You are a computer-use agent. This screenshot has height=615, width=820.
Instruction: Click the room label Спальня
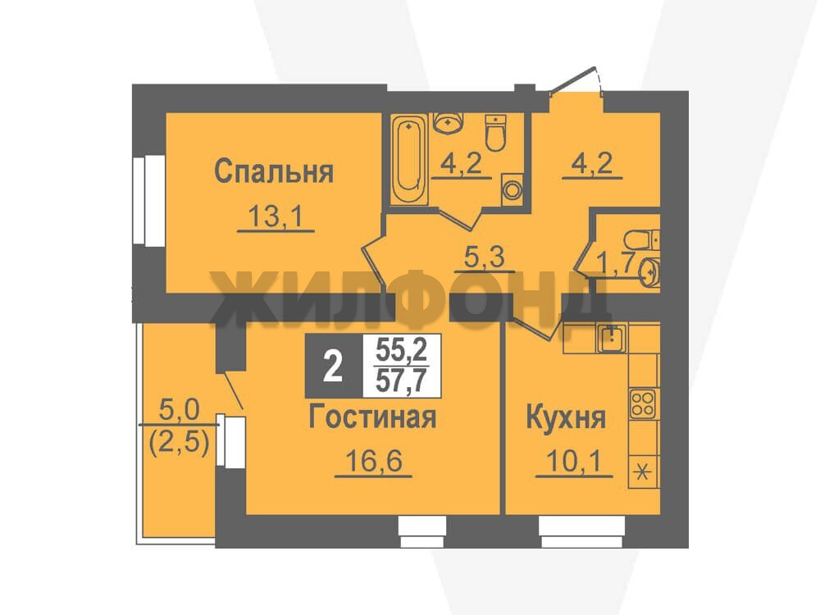[x=274, y=171]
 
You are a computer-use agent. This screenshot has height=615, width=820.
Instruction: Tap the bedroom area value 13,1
[x=276, y=216]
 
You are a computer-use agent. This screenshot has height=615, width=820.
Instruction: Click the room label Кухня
[x=566, y=418]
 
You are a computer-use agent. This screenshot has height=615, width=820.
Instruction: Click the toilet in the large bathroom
[x=496, y=132]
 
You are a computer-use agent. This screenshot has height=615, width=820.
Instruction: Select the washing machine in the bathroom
[x=512, y=189]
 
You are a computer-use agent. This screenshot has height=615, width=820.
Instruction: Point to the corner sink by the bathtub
[x=448, y=123]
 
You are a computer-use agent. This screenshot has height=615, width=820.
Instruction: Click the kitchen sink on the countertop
[x=610, y=338]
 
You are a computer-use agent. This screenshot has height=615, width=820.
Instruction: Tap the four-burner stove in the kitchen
[x=643, y=403]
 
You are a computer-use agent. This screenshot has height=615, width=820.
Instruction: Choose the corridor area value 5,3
[x=485, y=257]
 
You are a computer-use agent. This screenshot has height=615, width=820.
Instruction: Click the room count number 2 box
[x=334, y=366]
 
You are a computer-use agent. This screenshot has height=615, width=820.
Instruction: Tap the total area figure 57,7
[x=401, y=380]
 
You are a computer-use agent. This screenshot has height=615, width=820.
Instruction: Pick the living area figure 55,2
[x=401, y=349]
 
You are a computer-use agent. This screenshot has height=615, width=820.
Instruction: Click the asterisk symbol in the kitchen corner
[x=643, y=473]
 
